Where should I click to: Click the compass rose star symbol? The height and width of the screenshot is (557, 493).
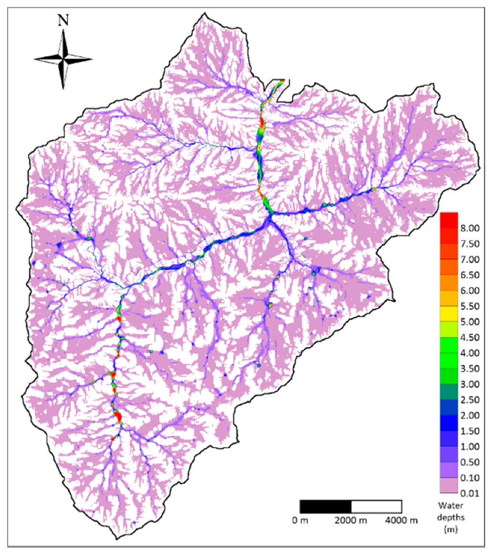63,59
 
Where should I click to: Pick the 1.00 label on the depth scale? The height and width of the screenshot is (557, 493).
469,447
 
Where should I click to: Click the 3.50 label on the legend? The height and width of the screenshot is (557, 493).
469,369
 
